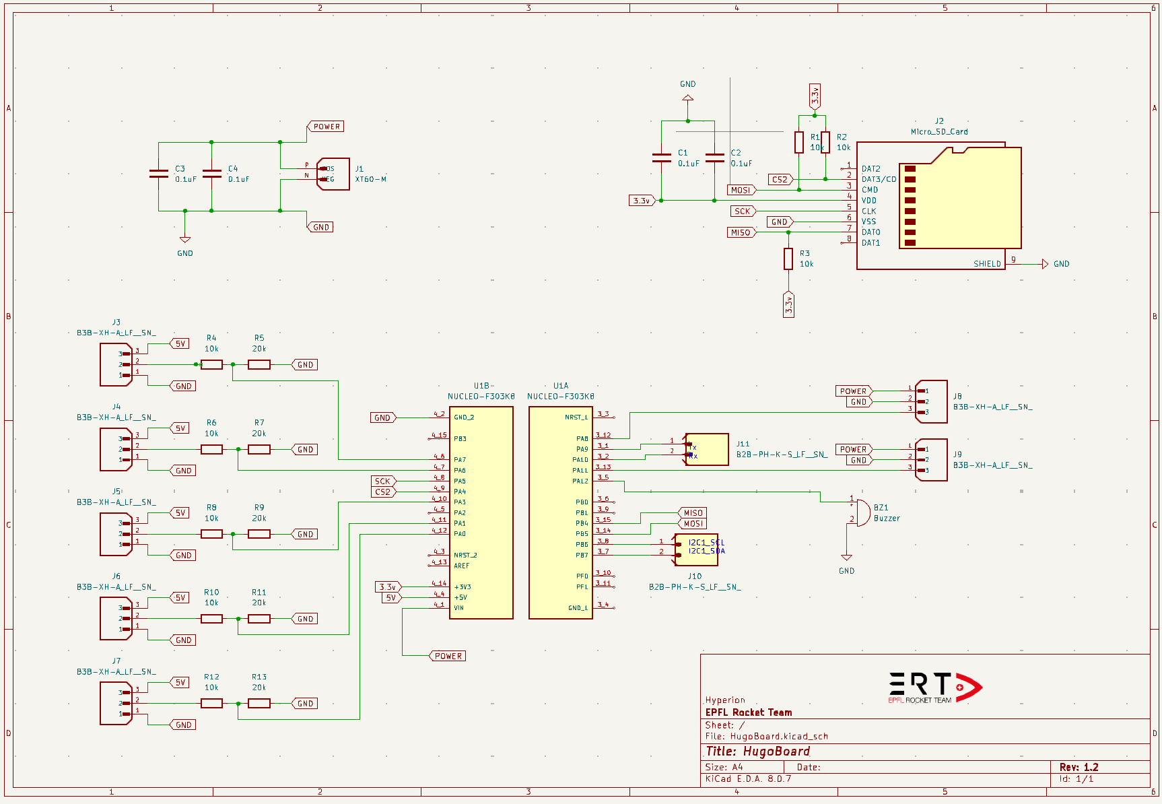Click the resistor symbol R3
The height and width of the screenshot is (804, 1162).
point(788,259)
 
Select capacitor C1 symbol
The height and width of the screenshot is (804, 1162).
point(662,158)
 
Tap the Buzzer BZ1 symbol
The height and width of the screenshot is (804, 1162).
point(861,512)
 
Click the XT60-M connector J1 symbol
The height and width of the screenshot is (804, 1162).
point(334,174)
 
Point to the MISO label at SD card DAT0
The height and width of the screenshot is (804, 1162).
point(741,232)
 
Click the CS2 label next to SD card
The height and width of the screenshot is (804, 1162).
point(780,180)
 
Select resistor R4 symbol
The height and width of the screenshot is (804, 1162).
point(211,364)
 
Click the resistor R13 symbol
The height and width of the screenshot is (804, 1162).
point(259,703)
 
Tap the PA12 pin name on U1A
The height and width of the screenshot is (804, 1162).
point(580,481)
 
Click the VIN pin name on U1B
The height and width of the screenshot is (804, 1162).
point(458,608)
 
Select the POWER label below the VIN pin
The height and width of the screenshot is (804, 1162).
point(448,656)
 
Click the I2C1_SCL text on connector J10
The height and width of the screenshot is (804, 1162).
point(706,542)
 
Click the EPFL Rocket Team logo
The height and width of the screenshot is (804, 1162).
point(934,688)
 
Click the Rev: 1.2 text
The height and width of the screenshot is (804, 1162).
point(1079,767)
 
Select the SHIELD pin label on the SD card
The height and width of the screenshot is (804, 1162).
point(986,264)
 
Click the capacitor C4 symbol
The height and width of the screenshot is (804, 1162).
point(211,174)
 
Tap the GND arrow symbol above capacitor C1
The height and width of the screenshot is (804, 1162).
point(687,98)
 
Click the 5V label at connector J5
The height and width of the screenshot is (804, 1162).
point(180,512)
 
